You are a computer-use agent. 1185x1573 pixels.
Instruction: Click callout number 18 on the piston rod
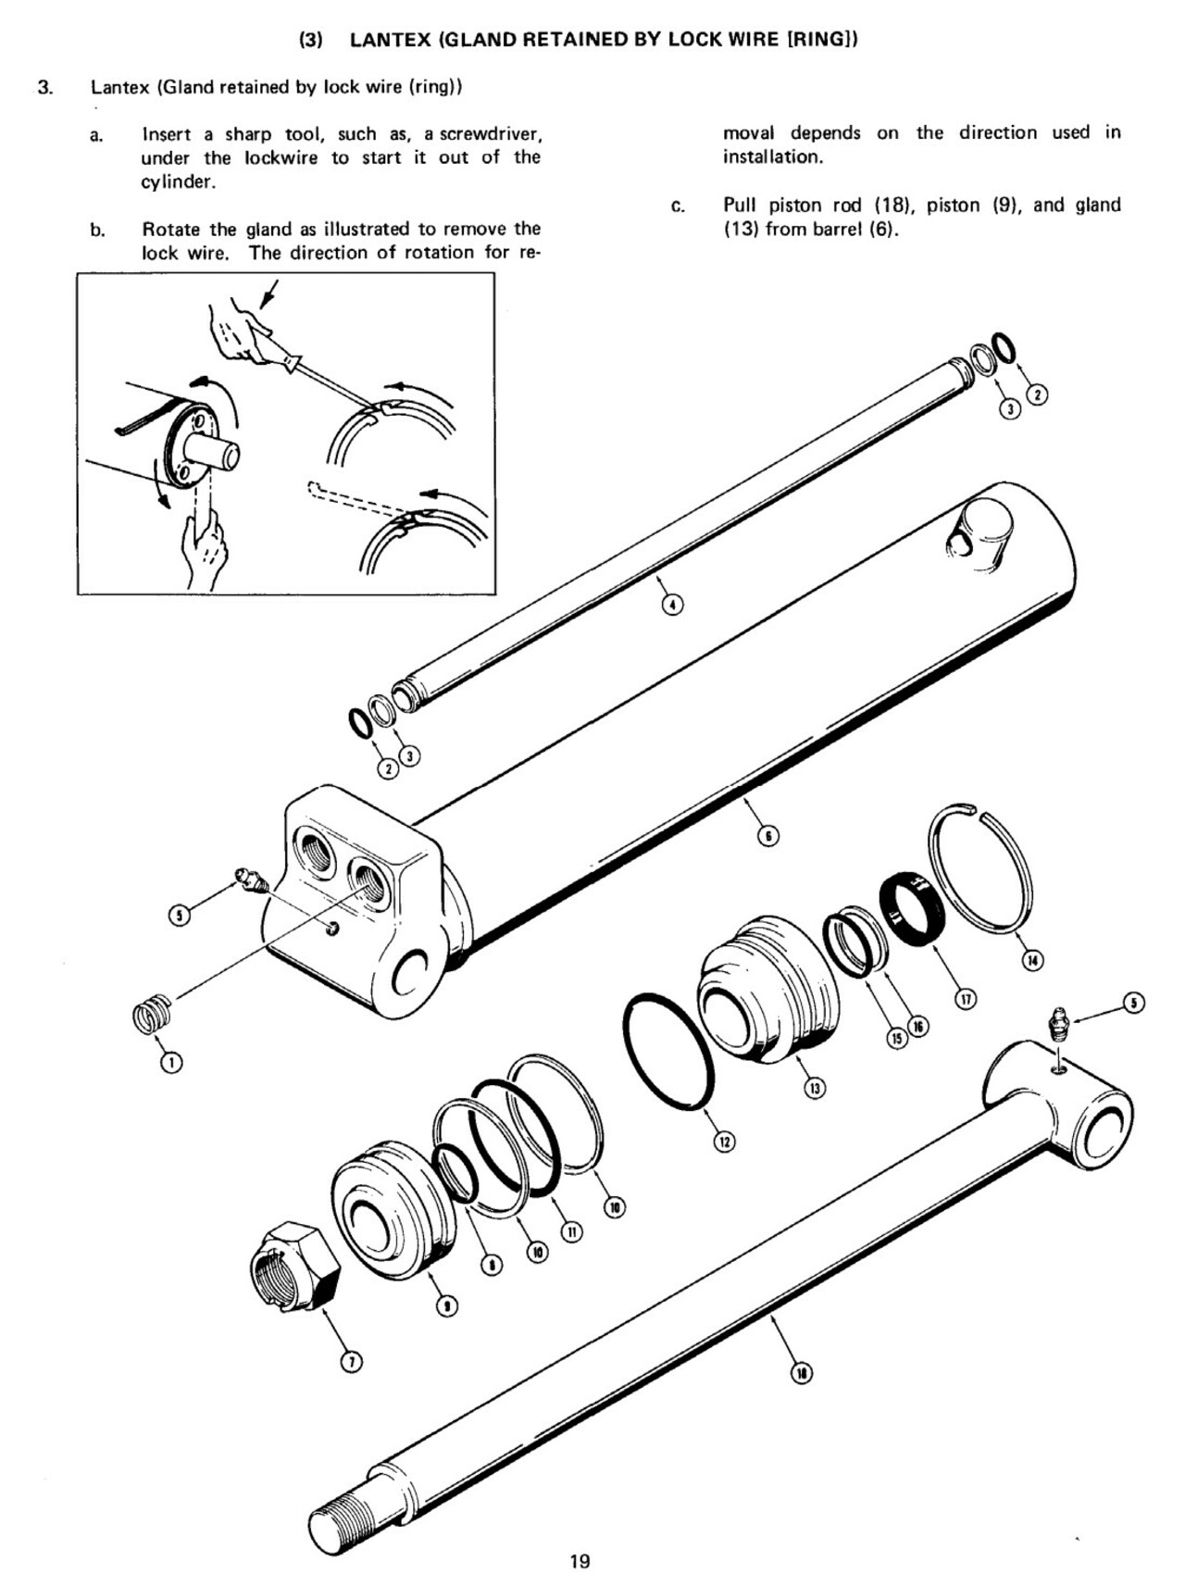tap(802, 1373)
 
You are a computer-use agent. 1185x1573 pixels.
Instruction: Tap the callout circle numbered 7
tap(351, 1361)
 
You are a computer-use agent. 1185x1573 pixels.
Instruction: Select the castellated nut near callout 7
tap(295, 1266)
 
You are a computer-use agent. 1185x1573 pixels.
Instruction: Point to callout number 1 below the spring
tap(171, 1062)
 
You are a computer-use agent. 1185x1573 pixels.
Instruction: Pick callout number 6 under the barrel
tap(768, 836)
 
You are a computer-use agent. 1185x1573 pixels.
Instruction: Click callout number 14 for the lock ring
tap(1032, 960)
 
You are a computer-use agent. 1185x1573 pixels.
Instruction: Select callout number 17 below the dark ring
tap(966, 999)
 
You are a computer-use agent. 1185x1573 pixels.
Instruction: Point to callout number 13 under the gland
tap(815, 1089)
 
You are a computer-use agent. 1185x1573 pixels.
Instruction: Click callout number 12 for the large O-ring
tap(725, 1142)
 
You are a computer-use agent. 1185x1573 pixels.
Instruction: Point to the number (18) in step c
tap(893, 206)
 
